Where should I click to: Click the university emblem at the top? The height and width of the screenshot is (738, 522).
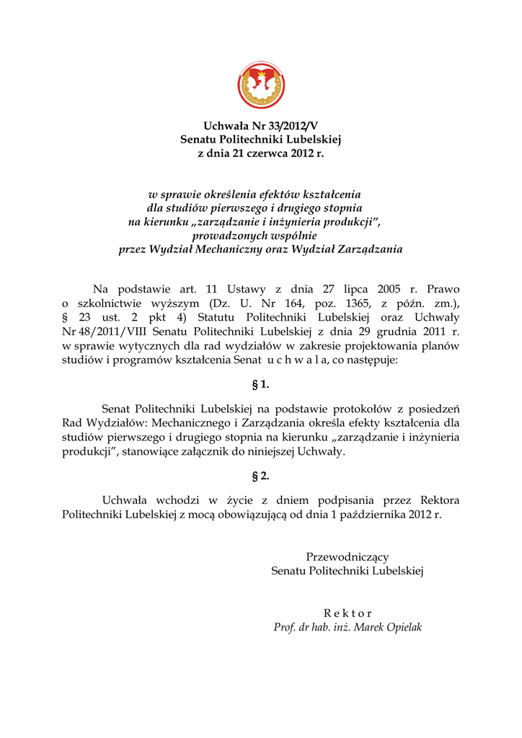[261, 86]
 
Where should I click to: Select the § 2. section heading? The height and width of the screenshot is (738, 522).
[260, 476]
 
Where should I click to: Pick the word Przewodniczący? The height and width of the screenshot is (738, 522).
[348, 557]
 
